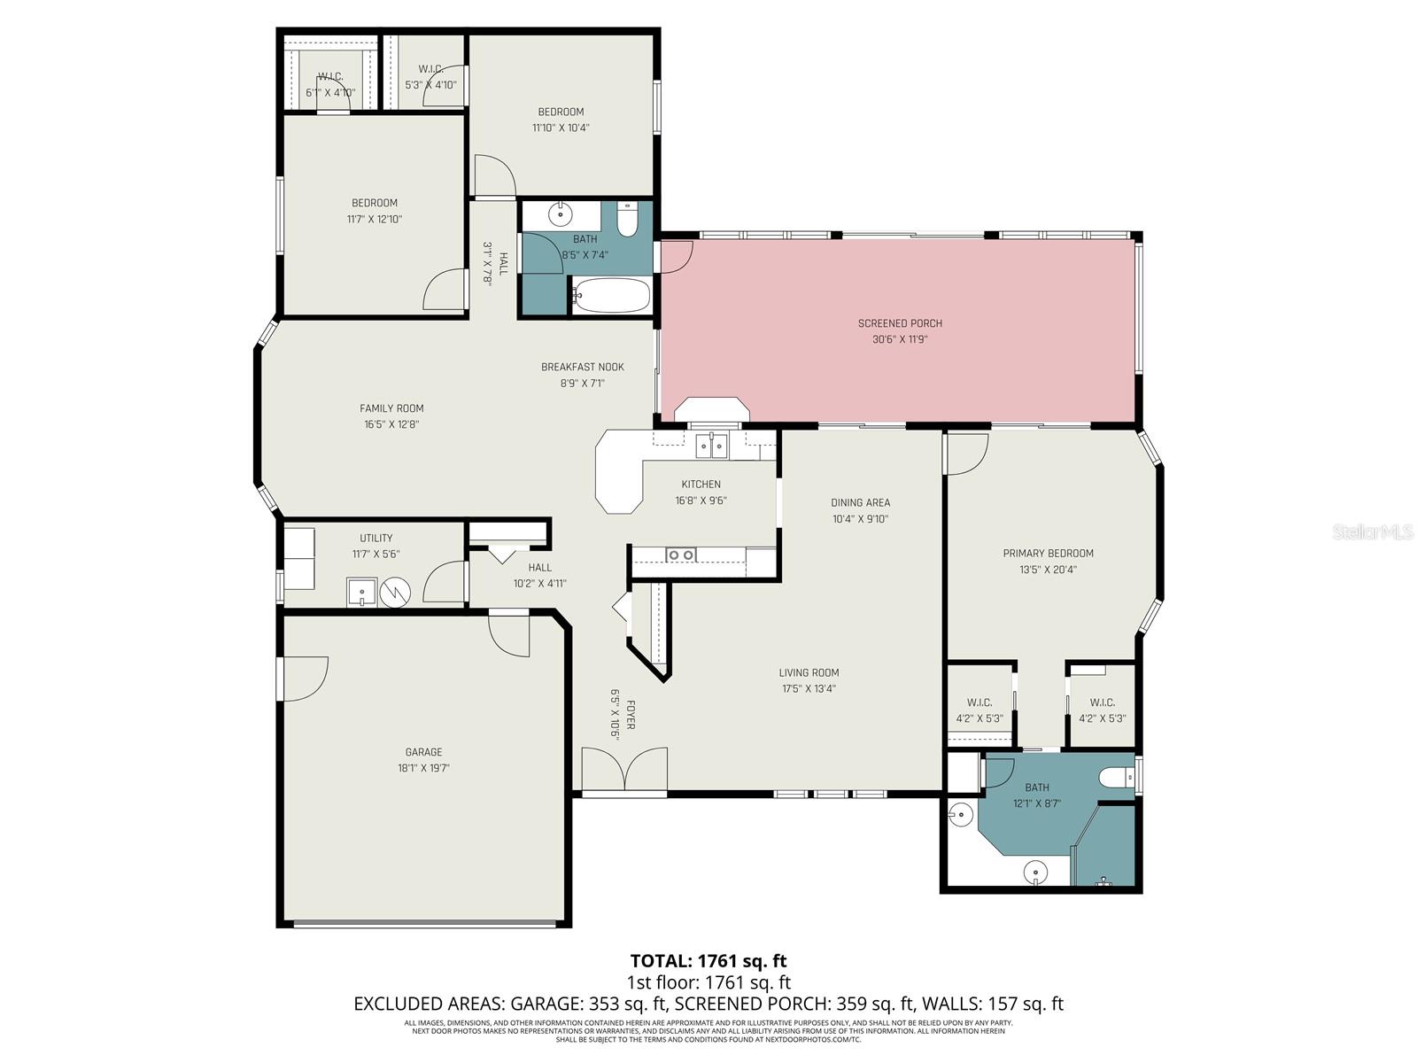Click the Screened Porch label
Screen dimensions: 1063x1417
900,323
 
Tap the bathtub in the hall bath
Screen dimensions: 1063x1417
611,295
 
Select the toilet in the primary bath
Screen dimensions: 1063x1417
1116,778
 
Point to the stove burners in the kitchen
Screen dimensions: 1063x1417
681,555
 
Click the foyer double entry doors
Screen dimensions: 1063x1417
624,769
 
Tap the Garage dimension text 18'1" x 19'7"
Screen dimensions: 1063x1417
424,769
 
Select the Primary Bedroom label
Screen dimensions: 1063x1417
1048,554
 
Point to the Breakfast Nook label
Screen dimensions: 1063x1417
583,367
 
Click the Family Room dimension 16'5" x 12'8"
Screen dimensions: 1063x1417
391,424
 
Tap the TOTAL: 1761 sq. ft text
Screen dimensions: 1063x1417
708,960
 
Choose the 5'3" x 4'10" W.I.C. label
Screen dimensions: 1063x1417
430,85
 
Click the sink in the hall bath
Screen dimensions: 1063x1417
561,214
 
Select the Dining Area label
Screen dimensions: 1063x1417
860,502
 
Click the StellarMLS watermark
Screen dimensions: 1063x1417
1373,532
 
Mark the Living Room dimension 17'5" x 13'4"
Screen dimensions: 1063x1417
809,688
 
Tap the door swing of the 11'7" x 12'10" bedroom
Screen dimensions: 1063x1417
443,290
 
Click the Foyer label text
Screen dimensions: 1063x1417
631,714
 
